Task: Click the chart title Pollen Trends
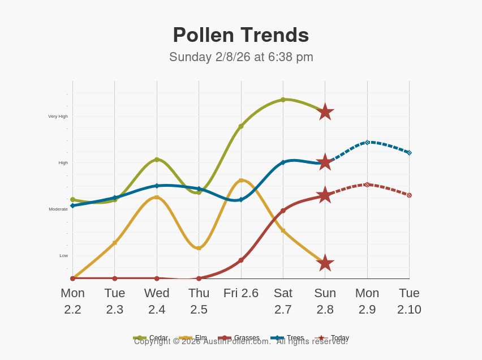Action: (x=241, y=35)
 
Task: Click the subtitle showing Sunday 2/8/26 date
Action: (x=241, y=57)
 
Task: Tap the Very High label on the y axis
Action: (x=58, y=117)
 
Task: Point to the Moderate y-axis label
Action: (x=58, y=209)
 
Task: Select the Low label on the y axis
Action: (x=63, y=256)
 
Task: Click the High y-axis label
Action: (x=63, y=163)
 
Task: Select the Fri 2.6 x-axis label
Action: (x=241, y=293)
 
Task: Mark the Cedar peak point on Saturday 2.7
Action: (x=283, y=100)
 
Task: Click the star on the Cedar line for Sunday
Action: (x=325, y=112)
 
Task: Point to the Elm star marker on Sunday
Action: (x=325, y=263)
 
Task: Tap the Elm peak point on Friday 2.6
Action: (x=241, y=181)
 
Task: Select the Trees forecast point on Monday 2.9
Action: (x=367, y=142)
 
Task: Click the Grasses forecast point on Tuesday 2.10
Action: (x=409, y=195)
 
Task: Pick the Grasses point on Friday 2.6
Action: (x=241, y=260)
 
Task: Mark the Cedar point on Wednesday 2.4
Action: (x=157, y=160)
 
